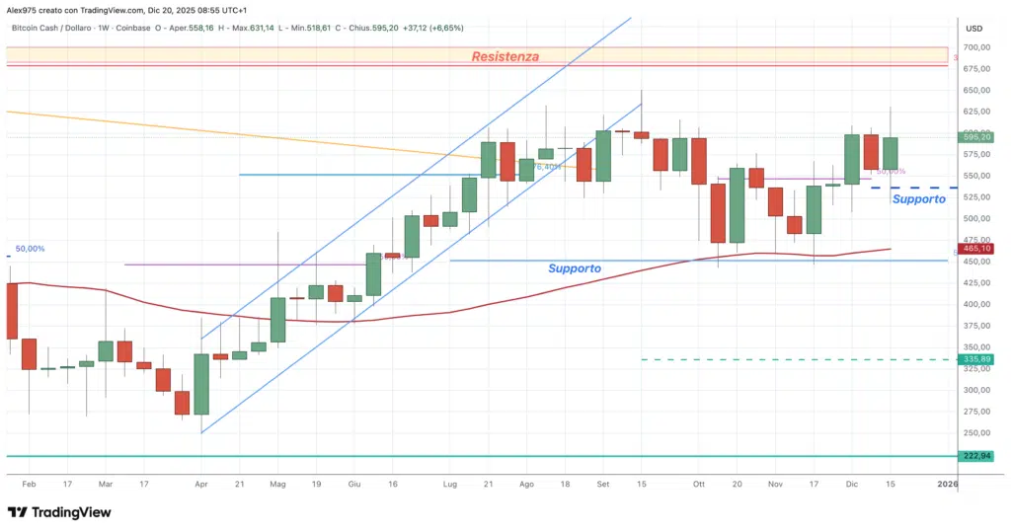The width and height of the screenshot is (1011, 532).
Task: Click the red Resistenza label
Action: click(x=505, y=56)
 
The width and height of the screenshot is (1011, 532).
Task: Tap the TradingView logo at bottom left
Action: click(x=59, y=512)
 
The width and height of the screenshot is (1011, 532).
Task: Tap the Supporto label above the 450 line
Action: click(x=575, y=268)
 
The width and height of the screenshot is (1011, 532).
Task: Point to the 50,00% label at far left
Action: click(x=29, y=249)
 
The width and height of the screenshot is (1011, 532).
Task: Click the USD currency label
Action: click(x=974, y=28)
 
